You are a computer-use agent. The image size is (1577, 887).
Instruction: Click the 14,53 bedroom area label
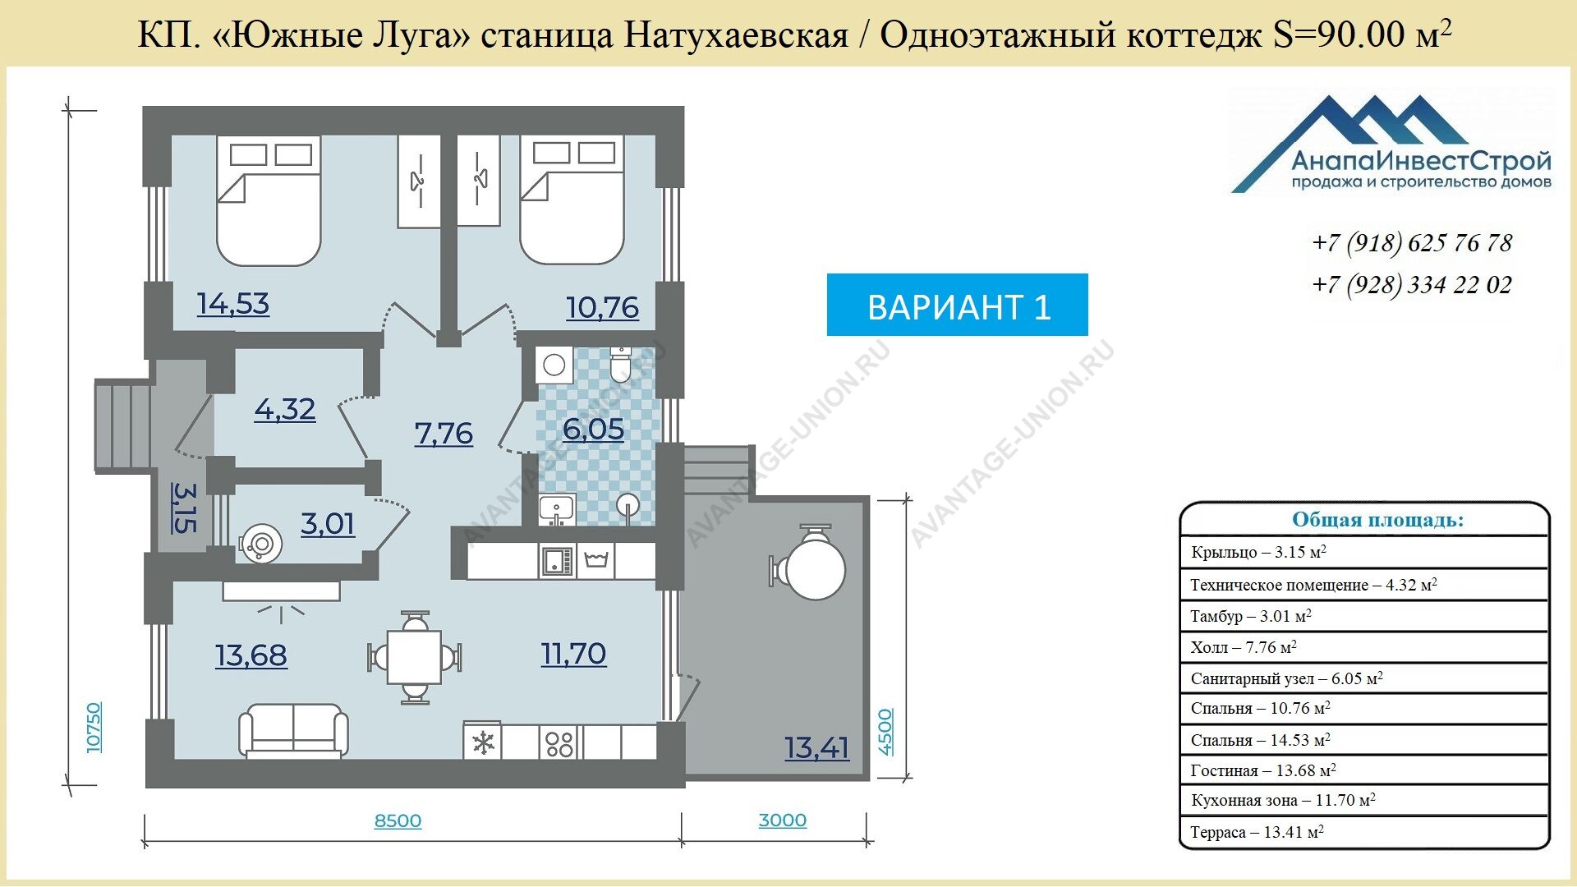[233, 304]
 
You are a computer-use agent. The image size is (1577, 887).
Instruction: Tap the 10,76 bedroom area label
[602, 308]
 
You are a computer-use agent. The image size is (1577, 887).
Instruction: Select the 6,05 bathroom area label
[593, 430]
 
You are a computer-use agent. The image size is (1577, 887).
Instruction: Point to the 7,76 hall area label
[444, 434]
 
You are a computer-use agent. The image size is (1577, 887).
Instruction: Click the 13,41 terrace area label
[816, 748]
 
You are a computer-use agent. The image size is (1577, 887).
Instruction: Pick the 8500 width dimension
[398, 820]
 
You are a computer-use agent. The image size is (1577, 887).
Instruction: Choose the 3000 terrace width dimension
[782, 820]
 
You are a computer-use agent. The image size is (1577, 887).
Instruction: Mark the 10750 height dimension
[94, 727]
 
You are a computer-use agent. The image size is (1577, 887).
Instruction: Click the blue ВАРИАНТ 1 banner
[958, 305]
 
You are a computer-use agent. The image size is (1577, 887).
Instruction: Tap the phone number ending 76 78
[1412, 243]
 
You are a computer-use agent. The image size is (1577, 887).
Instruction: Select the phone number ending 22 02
[1412, 285]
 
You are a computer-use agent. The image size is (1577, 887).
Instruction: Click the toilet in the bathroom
[621, 365]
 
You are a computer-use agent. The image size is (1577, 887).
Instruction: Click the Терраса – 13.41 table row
[1364, 833]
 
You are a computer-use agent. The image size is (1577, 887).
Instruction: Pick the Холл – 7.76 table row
[1364, 647]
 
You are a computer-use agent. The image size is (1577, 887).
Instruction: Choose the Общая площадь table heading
[1377, 520]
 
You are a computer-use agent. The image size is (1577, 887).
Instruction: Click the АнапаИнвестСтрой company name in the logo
[1421, 160]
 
